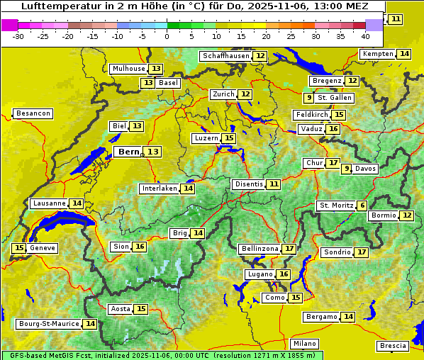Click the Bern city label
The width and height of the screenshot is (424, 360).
(128, 152)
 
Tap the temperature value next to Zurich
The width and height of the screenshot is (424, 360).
(245, 94)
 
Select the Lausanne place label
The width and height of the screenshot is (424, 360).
(49, 203)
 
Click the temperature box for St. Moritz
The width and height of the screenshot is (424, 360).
(362, 206)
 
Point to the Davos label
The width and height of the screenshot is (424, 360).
(365, 169)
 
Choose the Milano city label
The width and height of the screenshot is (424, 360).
(305, 343)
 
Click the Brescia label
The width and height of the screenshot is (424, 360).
(393, 346)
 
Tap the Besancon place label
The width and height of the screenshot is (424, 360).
(33, 113)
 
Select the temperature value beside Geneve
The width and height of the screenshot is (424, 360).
(19, 248)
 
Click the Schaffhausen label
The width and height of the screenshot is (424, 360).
(225, 56)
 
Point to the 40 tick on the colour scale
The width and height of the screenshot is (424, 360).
(365, 36)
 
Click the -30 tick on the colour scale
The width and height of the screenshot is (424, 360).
(18, 36)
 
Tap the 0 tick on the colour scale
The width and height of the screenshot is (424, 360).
(167, 36)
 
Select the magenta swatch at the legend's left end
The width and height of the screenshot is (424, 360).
(9, 25)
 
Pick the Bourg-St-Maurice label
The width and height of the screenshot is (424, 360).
(48, 324)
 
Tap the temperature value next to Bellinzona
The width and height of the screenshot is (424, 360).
(289, 249)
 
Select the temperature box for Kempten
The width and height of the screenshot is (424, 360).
(404, 54)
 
